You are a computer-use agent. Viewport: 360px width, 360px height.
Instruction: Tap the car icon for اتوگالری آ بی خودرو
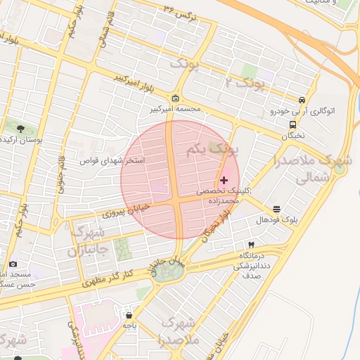click(x=302, y=100)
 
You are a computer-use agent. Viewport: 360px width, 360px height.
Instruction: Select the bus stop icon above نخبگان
click(x=292, y=124)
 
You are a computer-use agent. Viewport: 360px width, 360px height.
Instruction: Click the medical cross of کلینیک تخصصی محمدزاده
click(x=224, y=181)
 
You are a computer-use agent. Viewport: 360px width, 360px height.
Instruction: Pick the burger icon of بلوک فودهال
click(x=277, y=209)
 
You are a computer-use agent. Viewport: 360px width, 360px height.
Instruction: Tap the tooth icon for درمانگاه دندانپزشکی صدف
click(x=251, y=244)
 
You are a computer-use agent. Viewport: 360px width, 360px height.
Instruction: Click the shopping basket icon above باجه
click(x=128, y=314)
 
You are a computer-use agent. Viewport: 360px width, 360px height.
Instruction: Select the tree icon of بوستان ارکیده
click(x=20, y=129)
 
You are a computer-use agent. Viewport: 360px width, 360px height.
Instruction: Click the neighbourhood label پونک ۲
click(x=247, y=85)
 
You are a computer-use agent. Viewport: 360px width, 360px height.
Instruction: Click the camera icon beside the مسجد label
click(x=13, y=264)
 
